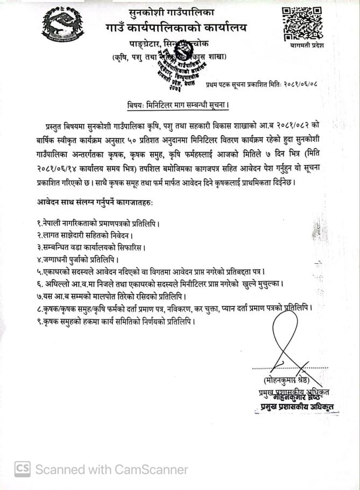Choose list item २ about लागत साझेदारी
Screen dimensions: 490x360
(x=81, y=235)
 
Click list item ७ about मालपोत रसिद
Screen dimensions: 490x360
(x=108, y=296)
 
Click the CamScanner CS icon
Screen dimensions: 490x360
(x=22, y=469)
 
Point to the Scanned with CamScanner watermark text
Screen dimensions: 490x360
(x=112, y=470)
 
